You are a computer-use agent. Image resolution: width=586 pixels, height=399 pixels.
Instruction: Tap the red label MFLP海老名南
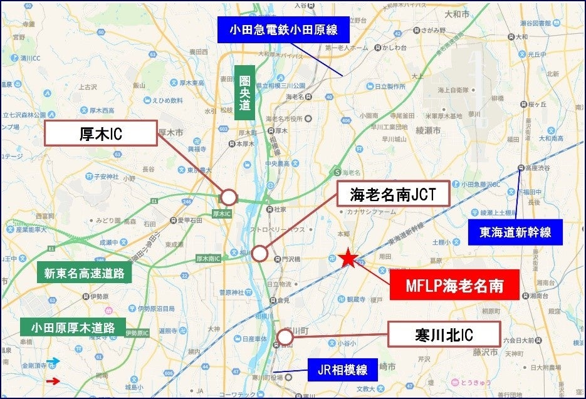(454, 286)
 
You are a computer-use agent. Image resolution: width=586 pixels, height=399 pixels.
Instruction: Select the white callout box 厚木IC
(101, 133)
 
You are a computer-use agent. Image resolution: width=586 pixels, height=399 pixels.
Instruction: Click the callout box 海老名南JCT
(393, 194)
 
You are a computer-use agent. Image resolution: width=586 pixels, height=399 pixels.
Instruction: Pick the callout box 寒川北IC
(444, 334)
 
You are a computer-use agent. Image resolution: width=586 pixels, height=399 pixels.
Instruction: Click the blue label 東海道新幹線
(515, 232)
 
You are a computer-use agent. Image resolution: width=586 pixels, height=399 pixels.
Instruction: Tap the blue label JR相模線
(342, 370)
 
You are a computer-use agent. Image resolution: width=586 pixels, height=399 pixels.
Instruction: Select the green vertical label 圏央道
(244, 92)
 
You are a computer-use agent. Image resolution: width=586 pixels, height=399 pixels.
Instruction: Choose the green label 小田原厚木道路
(73, 327)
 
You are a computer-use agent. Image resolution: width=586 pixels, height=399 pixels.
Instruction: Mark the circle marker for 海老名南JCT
(259, 254)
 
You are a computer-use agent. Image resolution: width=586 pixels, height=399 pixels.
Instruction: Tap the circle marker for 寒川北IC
(285, 338)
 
